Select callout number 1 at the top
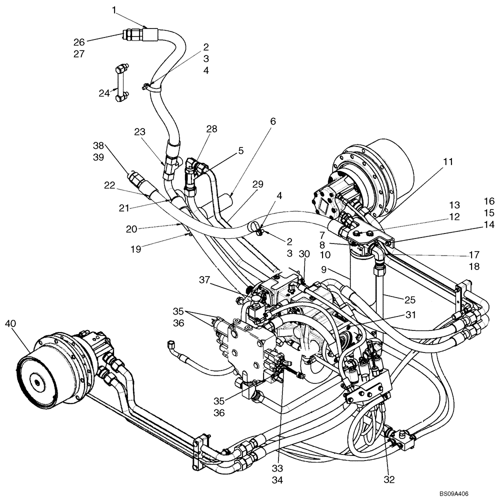pyautogui.click(x=114, y=9)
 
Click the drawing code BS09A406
pyautogui.click(x=454, y=493)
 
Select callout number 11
pyautogui.click(x=447, y=161)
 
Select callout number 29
pyautogui.click(x=258, y=185)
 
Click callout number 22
pyautogui.click(x=109, y=184)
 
